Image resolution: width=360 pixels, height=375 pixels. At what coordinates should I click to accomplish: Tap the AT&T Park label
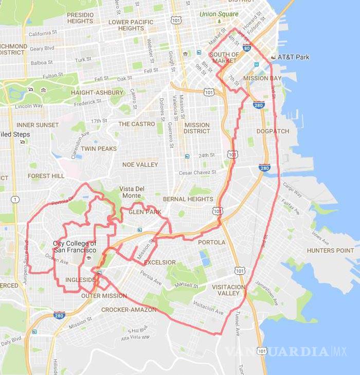[293, 57]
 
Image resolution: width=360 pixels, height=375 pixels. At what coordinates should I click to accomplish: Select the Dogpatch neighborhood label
[273, 131]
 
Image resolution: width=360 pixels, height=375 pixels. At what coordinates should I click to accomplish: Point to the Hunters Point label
[331, 251]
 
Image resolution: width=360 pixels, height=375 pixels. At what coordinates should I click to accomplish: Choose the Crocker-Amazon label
[128, 310]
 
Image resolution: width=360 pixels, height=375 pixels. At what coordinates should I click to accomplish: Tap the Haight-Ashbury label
[97, 93]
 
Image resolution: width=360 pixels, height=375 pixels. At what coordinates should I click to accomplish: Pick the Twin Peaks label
[99, 149]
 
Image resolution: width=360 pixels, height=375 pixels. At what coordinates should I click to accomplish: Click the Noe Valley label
[140, 165]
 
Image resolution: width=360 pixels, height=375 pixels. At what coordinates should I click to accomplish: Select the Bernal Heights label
[187, 199]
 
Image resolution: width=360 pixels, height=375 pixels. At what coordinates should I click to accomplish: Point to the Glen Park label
[145, 212]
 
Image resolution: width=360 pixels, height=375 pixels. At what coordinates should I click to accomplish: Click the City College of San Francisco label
[75, 246]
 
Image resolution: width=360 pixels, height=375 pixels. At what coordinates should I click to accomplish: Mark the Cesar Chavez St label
[199, 173]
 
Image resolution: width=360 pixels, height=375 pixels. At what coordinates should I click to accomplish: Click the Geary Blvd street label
[43, 49]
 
